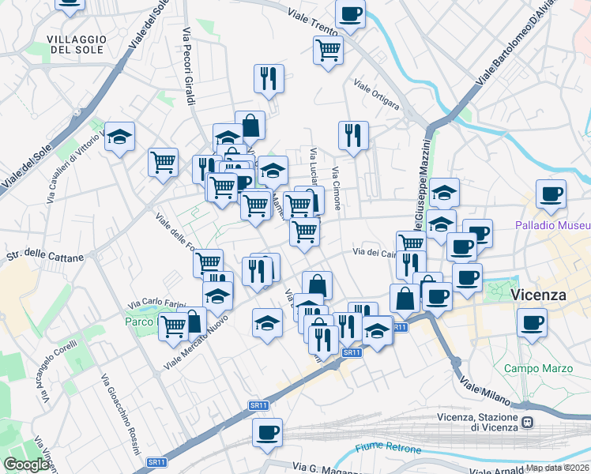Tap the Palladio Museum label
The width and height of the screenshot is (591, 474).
552,225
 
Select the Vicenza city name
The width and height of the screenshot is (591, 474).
540,295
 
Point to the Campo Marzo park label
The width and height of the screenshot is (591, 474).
534,368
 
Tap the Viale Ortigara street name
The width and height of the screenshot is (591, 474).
376,95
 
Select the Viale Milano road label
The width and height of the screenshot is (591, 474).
487,391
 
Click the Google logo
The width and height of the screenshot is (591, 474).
26,465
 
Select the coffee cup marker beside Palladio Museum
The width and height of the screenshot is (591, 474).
551,193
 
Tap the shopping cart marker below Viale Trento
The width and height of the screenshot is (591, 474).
328,51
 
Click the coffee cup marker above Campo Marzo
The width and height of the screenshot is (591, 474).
533,322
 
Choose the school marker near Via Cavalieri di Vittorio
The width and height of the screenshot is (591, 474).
119,137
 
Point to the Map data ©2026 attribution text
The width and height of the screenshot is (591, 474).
558,468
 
